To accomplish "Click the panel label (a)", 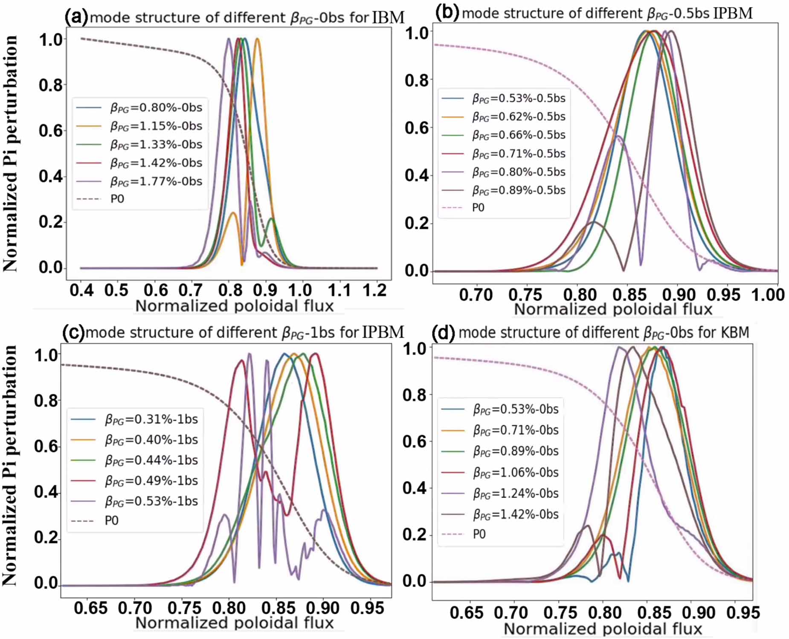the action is (76, 17).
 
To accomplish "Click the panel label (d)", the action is (444, 333).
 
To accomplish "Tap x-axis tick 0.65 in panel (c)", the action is (90, 608).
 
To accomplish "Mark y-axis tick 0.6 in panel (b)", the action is (416, 128).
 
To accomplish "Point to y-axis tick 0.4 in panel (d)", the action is (415, 488).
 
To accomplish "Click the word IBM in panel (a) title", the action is (388, 17).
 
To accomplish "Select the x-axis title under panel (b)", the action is (613, 309).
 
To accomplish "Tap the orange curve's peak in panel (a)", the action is (257, 39).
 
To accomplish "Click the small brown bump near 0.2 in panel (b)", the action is (594, 222).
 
